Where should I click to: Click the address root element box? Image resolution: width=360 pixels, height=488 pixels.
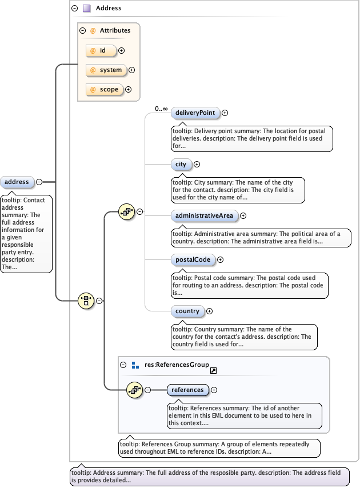(17, 182)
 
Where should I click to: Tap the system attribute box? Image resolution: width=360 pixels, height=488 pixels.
(106, 70)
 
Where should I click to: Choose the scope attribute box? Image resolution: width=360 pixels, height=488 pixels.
(105, 90)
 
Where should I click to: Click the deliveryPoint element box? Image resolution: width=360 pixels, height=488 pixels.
(195, 113)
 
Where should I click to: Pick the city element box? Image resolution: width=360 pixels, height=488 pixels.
(181, 165)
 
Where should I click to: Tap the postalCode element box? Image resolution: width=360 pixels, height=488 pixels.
(193, 260)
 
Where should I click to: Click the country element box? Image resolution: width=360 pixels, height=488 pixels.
(187, 311)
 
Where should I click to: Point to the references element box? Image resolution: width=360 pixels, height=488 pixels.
(187, 390)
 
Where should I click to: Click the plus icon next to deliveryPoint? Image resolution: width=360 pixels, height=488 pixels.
(225, 113)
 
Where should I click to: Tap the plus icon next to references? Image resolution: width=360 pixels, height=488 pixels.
(214, 390)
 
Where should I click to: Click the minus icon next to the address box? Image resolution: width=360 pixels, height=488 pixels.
(39, 182)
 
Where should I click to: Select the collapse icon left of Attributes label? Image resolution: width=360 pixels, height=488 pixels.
(82, 31)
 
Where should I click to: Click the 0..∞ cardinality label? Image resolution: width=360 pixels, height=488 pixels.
(161, 109)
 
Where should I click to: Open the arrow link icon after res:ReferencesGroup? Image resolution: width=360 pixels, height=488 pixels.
(213, 371)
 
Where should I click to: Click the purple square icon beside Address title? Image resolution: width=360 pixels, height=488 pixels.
(87, 9)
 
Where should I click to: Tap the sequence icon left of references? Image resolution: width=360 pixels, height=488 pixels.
(134, 390)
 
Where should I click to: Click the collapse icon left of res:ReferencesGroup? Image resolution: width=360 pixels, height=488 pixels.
(123, 365)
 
